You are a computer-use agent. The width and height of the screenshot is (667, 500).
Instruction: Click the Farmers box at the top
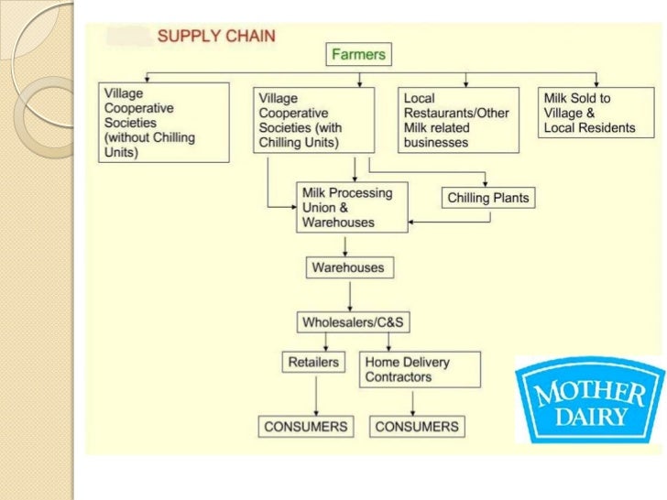click(x=357, y=54)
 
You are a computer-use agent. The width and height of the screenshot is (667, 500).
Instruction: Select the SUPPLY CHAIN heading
click(x=217, y=37)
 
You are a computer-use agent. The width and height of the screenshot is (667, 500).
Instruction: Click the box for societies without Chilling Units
click(x=163, y=123)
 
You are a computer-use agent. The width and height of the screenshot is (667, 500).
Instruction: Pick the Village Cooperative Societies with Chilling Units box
click(x=313, y=119)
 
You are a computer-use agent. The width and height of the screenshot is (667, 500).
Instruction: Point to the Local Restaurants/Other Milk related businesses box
click(x=457, y=119)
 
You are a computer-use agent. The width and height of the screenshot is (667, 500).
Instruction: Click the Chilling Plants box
click(x=488, y=198)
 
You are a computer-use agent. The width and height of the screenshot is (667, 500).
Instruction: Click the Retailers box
click(x=313, y=363)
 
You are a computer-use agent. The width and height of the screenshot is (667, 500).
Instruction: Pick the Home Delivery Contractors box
click(x=408, y=369)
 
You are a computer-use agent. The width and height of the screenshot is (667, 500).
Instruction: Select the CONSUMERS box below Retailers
click(x=306, y=426)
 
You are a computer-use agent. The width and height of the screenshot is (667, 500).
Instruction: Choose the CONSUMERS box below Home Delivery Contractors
click(x=416, y=426)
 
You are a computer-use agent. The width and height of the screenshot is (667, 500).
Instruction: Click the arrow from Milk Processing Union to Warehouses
click(x=344, y=245)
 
